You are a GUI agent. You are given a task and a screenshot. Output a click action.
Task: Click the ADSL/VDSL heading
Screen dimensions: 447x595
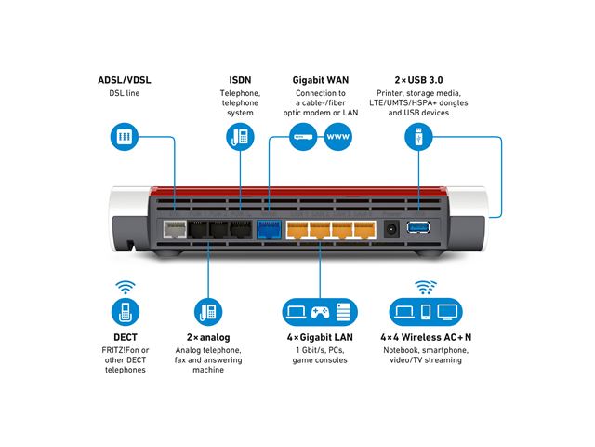pyautogui.click(x=124, y=80)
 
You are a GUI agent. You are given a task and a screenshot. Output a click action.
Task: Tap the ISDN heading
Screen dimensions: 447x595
pyautogui.click(x=240, y=80)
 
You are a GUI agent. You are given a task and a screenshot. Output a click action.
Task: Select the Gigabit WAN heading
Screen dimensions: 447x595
pyautogui.click(x=320, y=80)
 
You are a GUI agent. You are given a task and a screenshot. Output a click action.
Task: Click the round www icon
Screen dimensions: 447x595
pyautogui.click(x=337, y=138)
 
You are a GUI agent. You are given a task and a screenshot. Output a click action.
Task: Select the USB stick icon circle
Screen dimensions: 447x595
pyautogui.click(x=418, y=138)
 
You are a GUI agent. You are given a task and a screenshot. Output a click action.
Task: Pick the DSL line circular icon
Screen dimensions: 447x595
pyautogui.click(x=124, y=138)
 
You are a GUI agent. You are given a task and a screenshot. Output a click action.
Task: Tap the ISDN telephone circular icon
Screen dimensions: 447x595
pyautogui.click(x=240, y=138)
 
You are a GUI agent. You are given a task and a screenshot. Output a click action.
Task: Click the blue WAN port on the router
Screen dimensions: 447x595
pyautogui.click(x=268, y=228)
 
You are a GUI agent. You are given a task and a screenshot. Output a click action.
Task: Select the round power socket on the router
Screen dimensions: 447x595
pyautogui.click(x=392, y=228)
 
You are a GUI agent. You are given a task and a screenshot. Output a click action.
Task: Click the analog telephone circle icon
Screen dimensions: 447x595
pyautogui.click(x=208, y=311)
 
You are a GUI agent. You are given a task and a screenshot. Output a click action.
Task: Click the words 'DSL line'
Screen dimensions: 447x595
pyautogui.click(x=124, y=94)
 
